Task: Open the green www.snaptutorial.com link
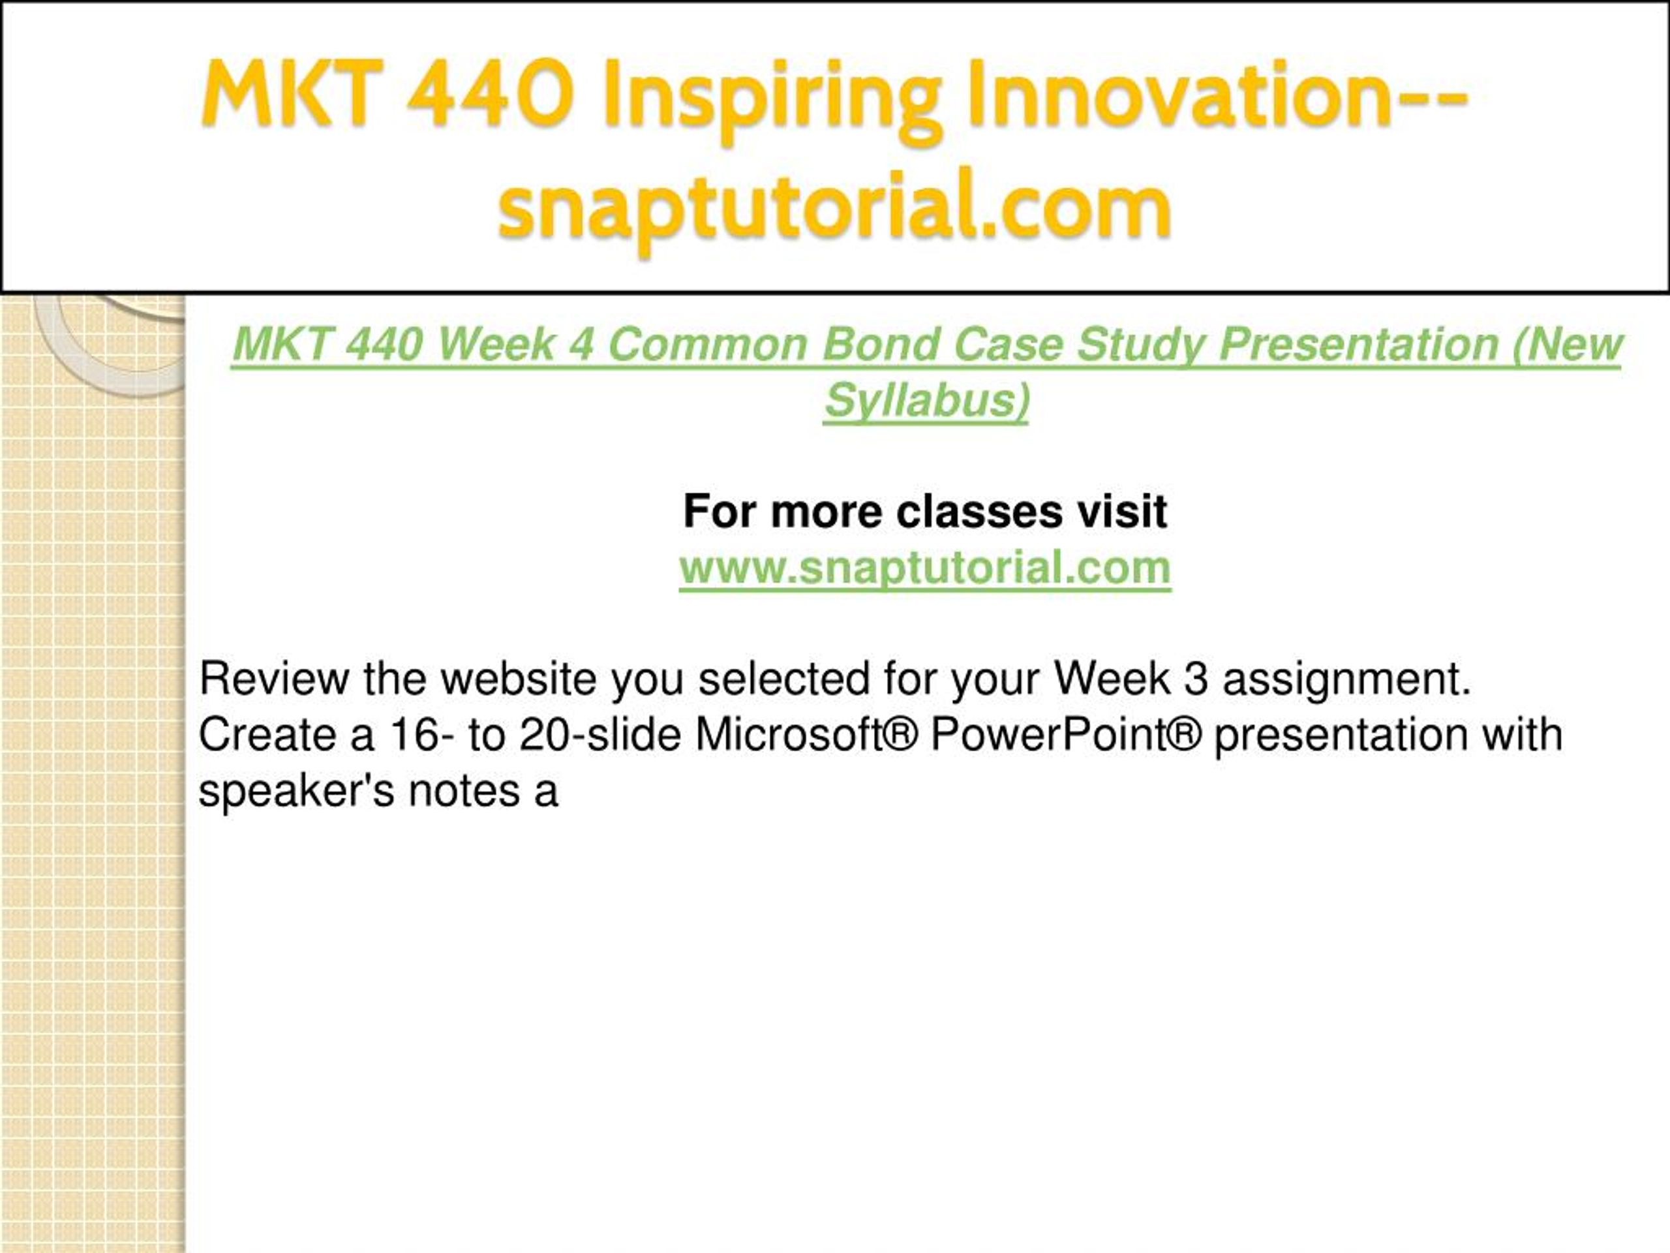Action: point(925,567)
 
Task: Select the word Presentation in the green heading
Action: point(1358,345)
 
